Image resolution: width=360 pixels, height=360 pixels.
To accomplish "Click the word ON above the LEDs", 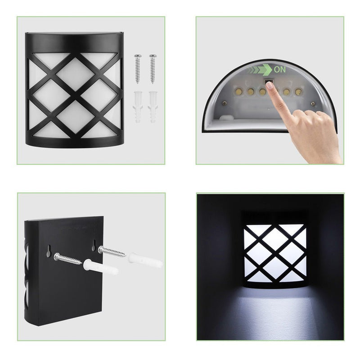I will (x=280, y=69).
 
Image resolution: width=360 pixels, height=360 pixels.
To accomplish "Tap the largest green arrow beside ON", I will (x=267, y=69).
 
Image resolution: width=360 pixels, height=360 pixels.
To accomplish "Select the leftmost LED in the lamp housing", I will (x=238, y=91).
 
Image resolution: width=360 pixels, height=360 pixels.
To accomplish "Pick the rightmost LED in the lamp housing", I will (x=298, y=91).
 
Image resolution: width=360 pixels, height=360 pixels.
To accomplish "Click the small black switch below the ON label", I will (x=268, y=81).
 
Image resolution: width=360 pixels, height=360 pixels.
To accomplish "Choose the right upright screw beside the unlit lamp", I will (x=153, y=68).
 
